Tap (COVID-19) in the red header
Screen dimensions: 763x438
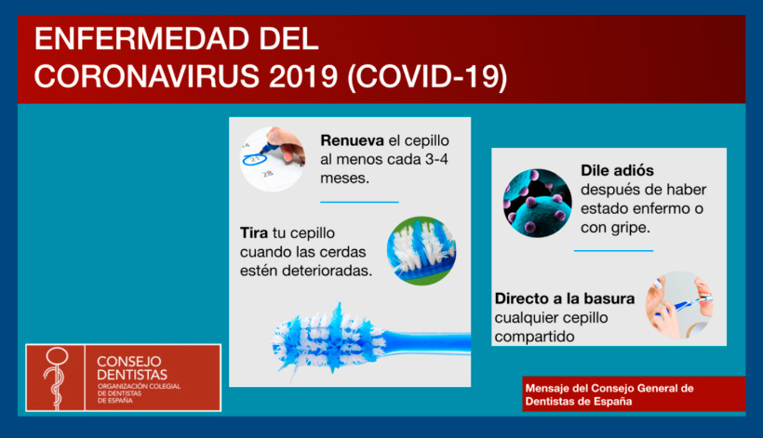point(427,76)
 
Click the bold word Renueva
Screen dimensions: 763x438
point(353,140)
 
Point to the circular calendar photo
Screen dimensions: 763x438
point(273,159)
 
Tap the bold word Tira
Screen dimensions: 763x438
point(253,232)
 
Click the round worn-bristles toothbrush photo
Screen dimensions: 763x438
point(422,251)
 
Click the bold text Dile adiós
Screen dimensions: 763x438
point(617,170)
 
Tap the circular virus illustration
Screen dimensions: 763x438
point(537,204)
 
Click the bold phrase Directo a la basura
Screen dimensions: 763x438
point(565,299)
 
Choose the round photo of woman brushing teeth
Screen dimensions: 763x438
point(679,305)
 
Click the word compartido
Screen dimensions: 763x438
point(534,337)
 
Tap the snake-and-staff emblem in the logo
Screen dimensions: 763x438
point(56,378)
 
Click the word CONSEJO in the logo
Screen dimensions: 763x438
point(129,361)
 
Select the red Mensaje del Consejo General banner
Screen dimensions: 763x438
point(634,394)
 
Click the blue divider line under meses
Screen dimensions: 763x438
point(359,202)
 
